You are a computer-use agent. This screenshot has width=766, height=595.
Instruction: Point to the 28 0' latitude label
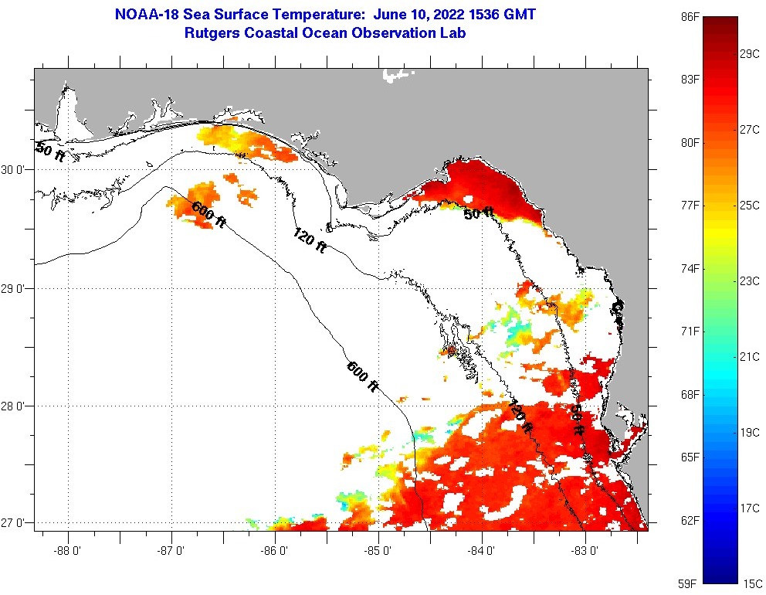[x=15, y=406]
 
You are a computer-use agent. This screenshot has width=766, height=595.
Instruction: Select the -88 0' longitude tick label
[x=69, y=551]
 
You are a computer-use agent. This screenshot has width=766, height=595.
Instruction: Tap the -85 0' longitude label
[x=379, y=551]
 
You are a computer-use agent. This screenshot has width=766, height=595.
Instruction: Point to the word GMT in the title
[x=519, y=15]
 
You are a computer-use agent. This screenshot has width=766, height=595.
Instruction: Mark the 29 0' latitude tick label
[x=15, y=288]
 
